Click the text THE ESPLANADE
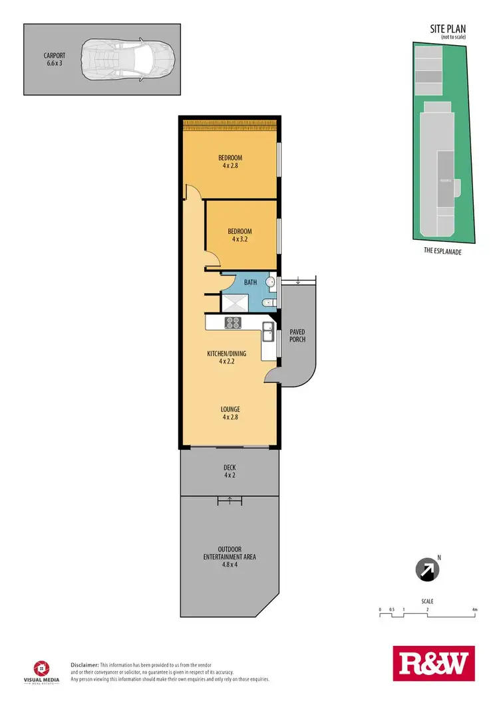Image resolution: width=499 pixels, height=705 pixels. tap(442, 251)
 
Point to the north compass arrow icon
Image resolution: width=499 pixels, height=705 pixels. tap(426, 569)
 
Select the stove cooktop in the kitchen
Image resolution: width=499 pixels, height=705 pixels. tap(233, 323)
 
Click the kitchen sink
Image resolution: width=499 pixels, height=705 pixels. tap(267, 330)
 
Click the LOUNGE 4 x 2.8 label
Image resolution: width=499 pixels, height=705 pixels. tap(230, 413)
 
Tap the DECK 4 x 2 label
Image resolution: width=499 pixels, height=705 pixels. tap(230, 470)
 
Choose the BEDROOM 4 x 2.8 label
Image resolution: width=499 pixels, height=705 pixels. tap(230, 161)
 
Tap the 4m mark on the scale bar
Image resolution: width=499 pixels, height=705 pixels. tap(474, 609)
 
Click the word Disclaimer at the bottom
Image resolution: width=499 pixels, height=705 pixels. tap(84, 664)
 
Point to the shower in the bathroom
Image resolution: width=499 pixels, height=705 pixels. tap(234, 303)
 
